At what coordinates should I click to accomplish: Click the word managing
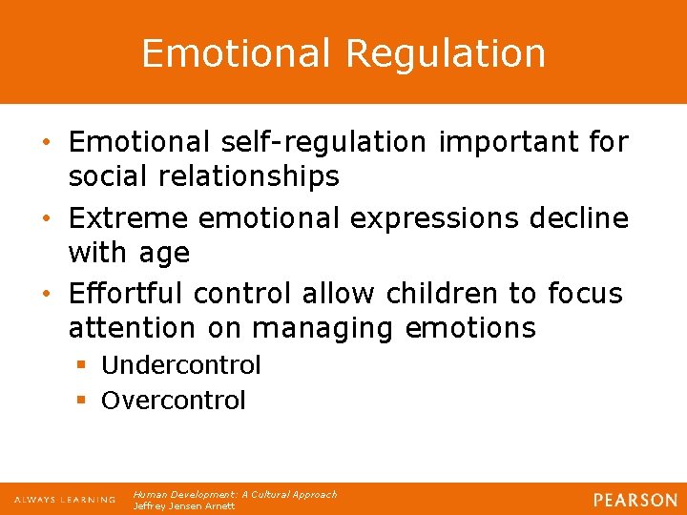pyautogui.click(x=324, y=328)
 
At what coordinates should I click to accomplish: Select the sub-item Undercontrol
pyautogui.click(x=180, y=365)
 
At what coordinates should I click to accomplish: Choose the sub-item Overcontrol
pyautogui.click(x=173, y=401)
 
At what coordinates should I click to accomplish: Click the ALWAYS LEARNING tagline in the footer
pyautogui.click(x=65, y=500)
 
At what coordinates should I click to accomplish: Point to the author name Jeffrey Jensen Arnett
pyautogui.click(x=183, y=506)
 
